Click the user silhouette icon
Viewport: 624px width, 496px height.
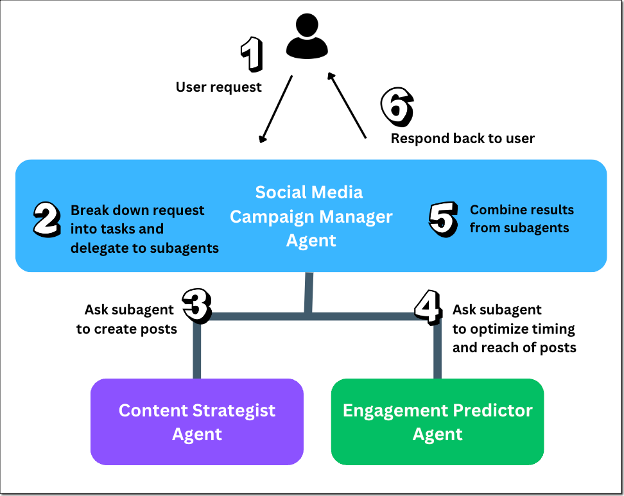(x=307, y=38)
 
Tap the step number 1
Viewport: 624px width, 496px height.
(x=251, y=54)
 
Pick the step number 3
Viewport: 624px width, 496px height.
(x=196, y=304)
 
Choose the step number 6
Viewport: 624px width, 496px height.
(x=397, y=106)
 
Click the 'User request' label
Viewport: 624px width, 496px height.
(x=218, y=87)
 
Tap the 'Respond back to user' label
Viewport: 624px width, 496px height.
(x=462, y=138)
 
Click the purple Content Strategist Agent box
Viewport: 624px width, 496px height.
(x=196, y=422)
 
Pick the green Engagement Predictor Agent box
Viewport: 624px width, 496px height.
(x=437, y=422)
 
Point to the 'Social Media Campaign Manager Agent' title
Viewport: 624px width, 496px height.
(x=311, y=216)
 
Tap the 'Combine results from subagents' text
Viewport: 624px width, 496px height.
(x=521, y=218)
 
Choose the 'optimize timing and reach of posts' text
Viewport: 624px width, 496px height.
(x=514, y=338)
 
